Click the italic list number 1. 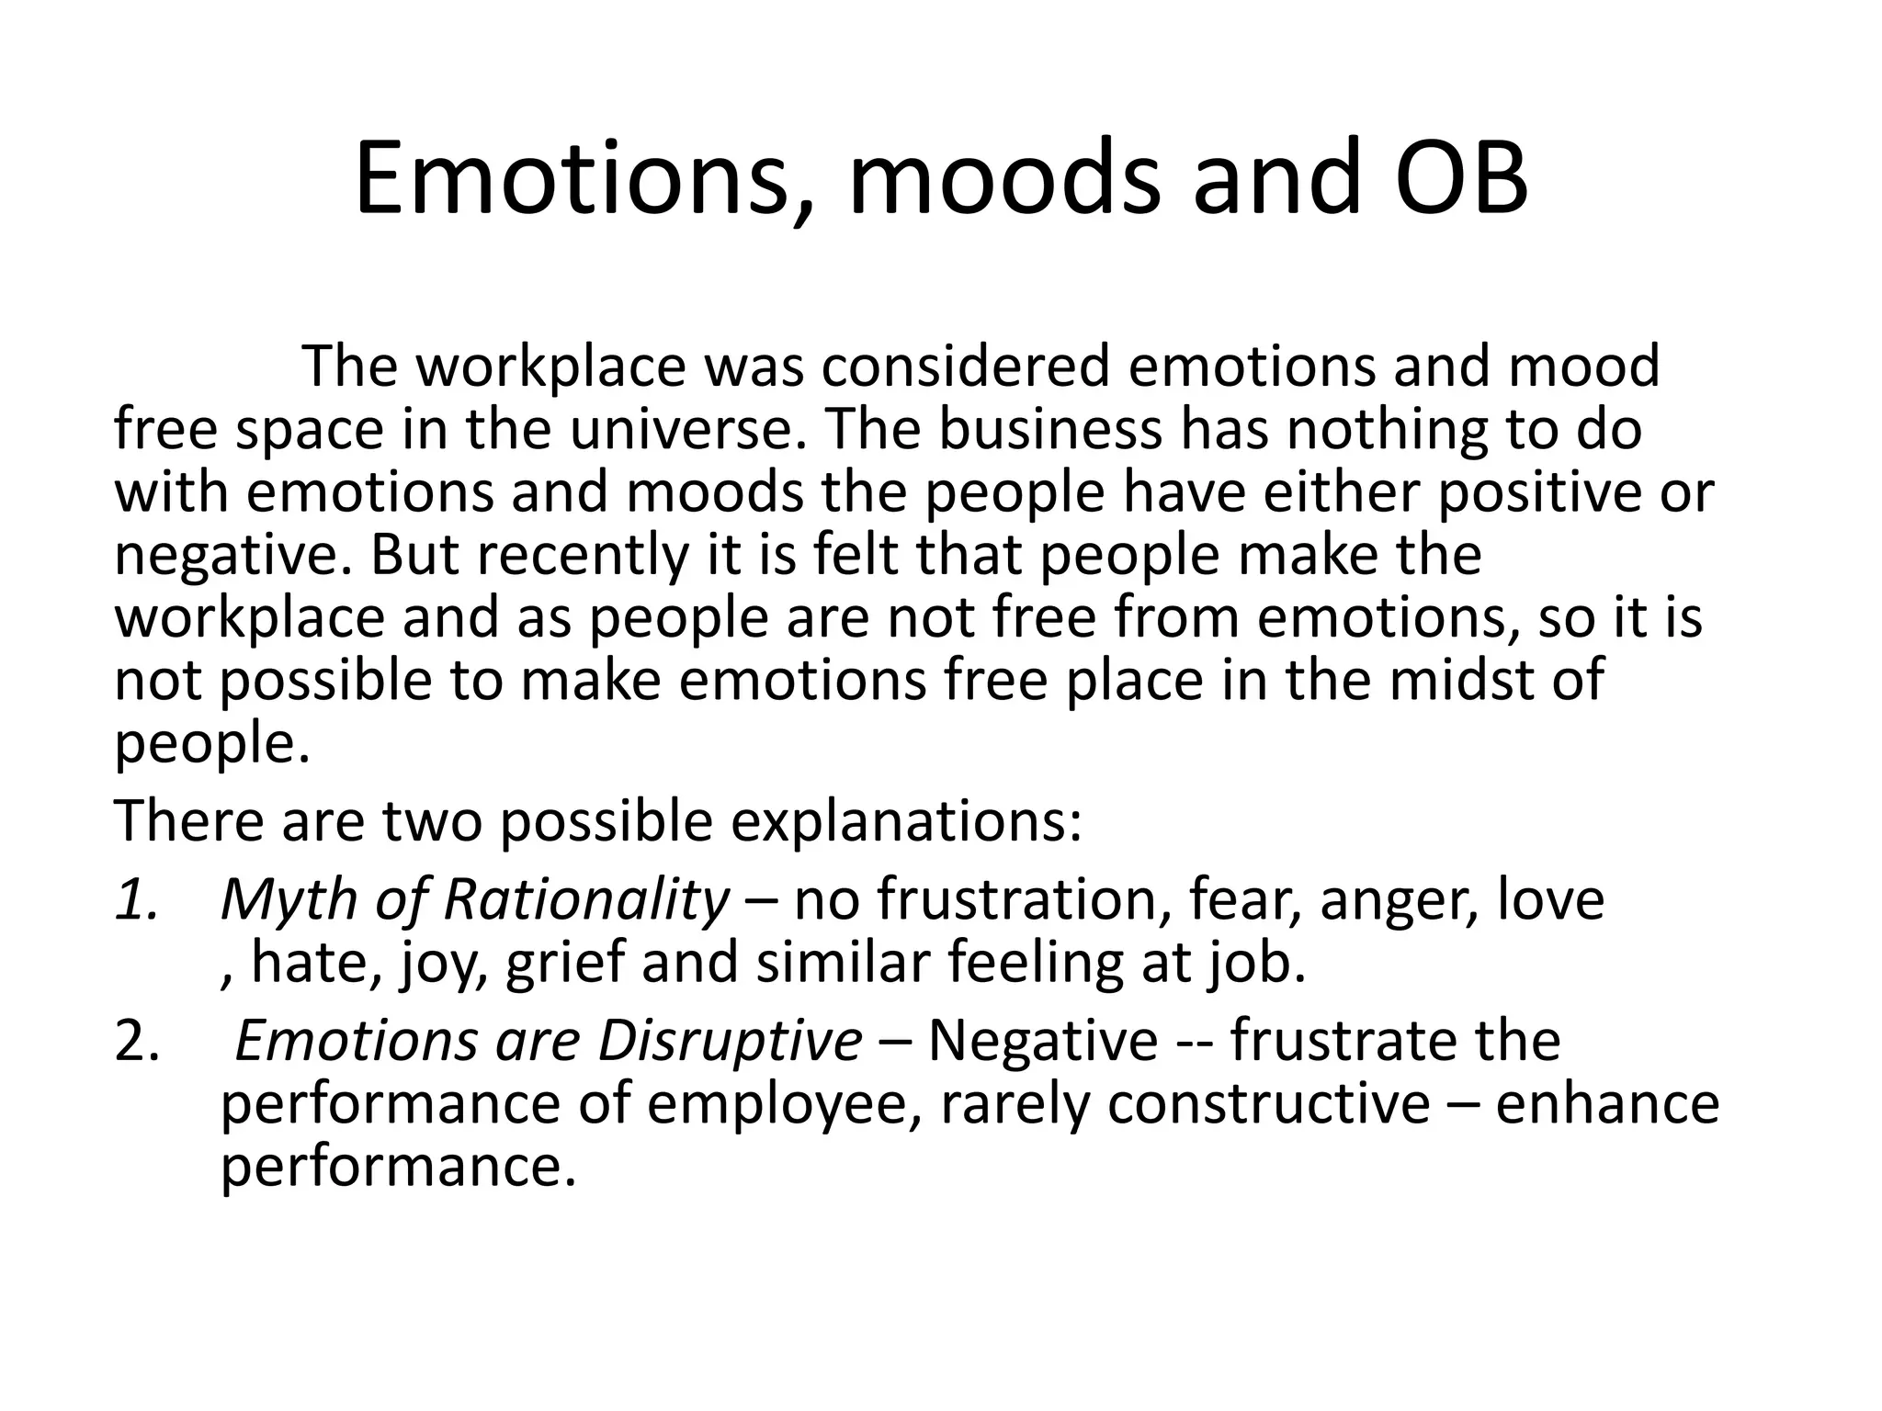pyautogui.click(x=136, y=899)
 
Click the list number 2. pyautogui.click(x=136, y=1042)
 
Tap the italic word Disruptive pyautogui.click(x=730, y=1042)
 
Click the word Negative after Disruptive pyautogui.click(x=1043, y=1042)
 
